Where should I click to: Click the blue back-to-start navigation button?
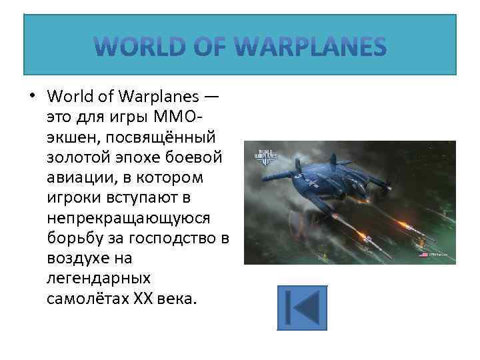coord(302,307)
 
